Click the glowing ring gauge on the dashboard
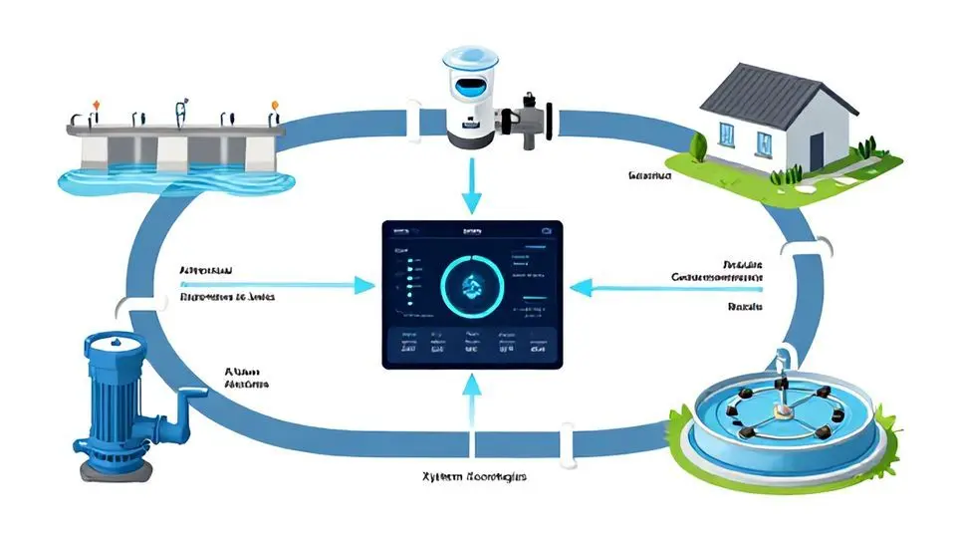[x=473, y=286]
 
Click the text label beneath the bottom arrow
[x=472, y=477]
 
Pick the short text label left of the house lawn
[x=650, y=175]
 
